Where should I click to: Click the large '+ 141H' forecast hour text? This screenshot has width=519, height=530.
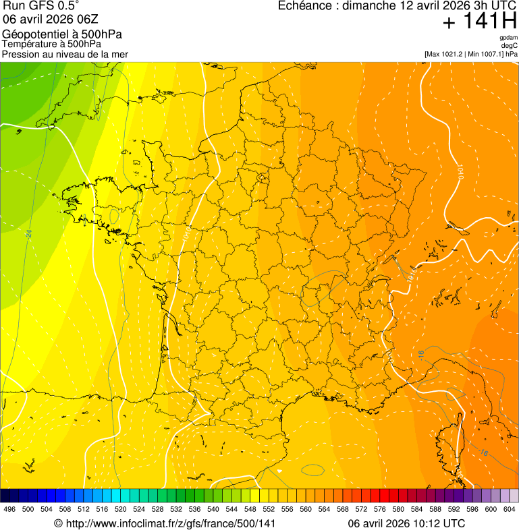[x=480, y=22]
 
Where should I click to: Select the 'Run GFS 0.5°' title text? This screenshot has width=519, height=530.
[x=40, y=6]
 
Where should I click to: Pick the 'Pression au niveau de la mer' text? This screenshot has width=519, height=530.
[x=65, y=54]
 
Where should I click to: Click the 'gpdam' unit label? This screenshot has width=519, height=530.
[x=508, y=38]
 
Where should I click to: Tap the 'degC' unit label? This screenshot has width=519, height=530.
[x=510, y=45]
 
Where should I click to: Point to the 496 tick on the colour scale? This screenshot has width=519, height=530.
[x=9, y=509]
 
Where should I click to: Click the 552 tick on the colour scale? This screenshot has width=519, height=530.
[x=269, y=509]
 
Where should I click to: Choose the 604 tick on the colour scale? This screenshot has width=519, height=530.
[x=510, y=509]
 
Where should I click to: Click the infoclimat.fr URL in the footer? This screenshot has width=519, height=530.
[x=164, y=523]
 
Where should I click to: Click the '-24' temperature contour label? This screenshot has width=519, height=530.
[x=28, y=233]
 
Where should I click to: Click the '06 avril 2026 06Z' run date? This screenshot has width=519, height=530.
[x=51, y=20]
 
